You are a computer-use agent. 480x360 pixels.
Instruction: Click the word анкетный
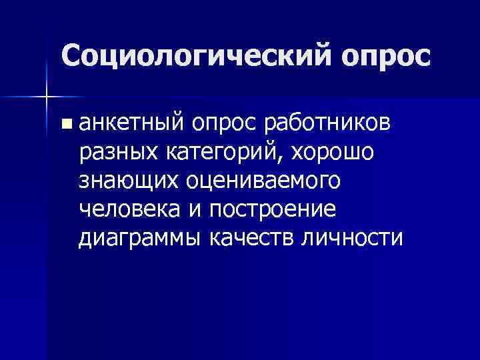[x=131, y=123]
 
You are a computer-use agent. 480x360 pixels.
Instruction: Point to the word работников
[x=329, y=123]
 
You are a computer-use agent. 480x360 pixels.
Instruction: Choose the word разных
[x=117, y=152]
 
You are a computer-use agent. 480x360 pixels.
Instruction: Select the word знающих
[x=132, y=181]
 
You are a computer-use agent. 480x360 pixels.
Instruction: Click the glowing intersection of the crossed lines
[x=46, y=97]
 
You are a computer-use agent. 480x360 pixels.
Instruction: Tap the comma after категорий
[x=289, y=158]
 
